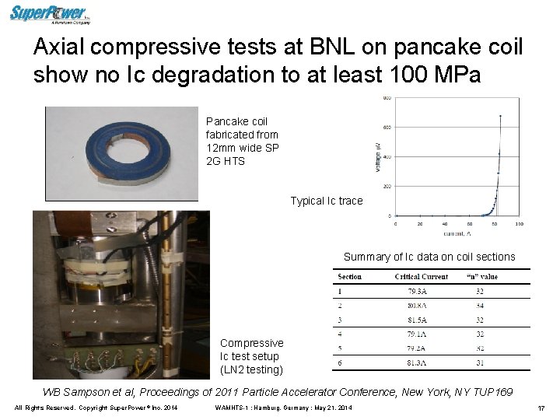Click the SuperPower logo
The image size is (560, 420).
tap(49, 13)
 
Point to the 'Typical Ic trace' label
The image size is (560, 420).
tap(327, 201)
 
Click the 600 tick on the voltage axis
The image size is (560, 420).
tap(386, 128)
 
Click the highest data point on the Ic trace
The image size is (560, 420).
tap(500, 117)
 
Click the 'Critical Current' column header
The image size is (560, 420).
tap(422, 277)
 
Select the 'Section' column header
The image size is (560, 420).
tap(349, 277)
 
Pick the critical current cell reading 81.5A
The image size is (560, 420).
tap(422, 320)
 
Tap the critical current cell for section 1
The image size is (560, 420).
tap(422, 291)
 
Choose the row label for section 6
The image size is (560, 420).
tap(340, 362)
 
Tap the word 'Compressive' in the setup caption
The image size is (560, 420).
tap(251, 343)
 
